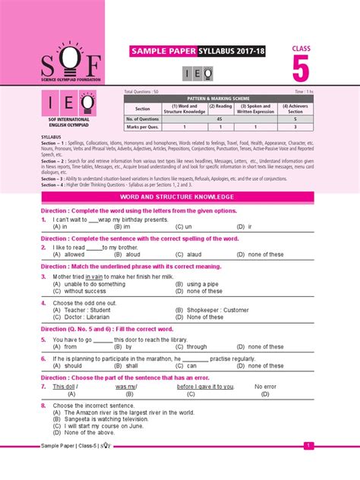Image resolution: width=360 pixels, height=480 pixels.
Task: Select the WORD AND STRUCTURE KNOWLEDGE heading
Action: pos(179,197)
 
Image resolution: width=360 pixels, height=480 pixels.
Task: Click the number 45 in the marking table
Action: pos(219,118)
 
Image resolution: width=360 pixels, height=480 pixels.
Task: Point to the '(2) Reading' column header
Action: pos(221,108)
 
